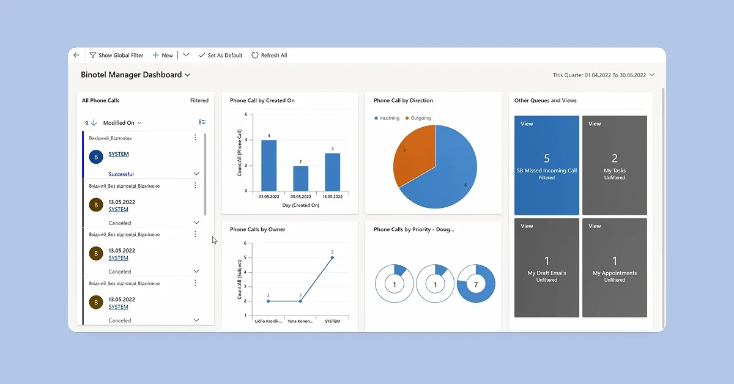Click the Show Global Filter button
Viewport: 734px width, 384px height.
click(x=116, y=55)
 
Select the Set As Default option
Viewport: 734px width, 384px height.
click(x=220, y=55)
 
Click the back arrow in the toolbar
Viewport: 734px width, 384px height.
click(x=76, y=55)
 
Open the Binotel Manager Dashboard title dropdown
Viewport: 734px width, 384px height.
click(x=135, y=75)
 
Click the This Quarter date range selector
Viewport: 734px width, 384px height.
click(x=603, y=75)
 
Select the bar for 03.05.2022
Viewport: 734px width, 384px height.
click(x=269, y=165)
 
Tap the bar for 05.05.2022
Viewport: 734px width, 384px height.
click(x=300, y=178)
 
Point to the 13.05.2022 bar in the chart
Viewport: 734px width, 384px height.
click(x=332, y=172)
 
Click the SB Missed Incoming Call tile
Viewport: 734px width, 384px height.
click(x=547, y=165)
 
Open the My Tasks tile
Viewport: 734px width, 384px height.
click(x=614, y=165)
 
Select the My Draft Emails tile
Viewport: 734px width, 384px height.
click(x=547, y=267)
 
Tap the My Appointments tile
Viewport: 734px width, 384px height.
click(x=614, y=267)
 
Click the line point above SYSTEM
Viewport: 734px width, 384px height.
click(x=332, y=257)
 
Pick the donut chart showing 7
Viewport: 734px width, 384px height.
click(x=476, y=284)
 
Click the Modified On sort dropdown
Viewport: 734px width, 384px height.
click(x=122, y=123)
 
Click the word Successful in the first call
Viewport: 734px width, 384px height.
click(x=121, y=174)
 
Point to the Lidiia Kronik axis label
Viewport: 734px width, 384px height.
click(x=268, y=321)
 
